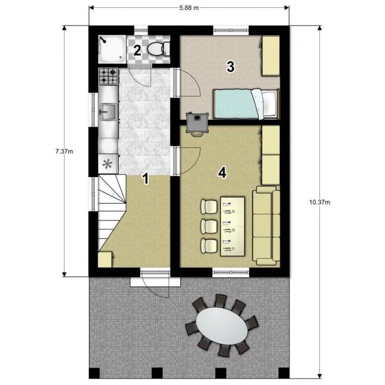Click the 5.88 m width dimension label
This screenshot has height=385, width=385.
coord(189,8)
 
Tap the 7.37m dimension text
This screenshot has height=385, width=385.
coord(65,151)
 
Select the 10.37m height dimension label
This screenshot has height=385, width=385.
coord(320,203)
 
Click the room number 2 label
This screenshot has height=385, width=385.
coord(137,50)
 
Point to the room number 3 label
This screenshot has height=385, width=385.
coord(230,66)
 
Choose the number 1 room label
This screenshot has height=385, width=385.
coord(146,178)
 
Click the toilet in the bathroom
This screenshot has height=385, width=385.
coord(159,49)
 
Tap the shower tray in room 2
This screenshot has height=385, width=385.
coord(112,49)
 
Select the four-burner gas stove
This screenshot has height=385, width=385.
coord(108,76)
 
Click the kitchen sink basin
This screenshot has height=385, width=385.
coord(108,112)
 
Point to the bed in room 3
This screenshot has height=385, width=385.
coord(246,104)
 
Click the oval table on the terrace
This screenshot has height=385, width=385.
coord(222,326)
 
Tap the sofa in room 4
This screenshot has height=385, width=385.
coord(267,226)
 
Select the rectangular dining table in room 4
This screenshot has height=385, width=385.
coord(233,226)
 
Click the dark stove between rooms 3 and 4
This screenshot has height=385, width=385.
coord(197,124)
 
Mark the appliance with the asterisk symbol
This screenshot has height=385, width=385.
coord(108,163)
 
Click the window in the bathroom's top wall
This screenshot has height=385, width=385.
coord(141,30)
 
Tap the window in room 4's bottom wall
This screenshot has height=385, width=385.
coord(231,272)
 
